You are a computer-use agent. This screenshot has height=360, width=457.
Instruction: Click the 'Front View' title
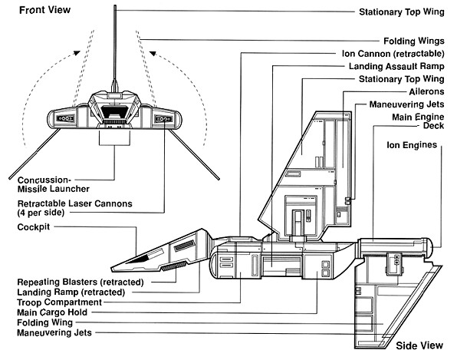tap(45, 10)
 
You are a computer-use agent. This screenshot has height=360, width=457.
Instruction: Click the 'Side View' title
tap(419, 345)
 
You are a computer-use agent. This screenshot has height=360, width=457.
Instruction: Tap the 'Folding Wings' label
tap(414, 41)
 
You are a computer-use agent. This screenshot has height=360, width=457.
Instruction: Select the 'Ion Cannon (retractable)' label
tap(393, 54)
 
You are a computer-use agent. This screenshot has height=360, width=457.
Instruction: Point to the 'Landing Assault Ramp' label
tap(396, 67)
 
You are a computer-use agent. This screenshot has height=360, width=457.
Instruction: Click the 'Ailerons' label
tap(426, 92)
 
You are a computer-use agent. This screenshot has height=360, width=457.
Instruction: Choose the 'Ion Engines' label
tap(412, 145)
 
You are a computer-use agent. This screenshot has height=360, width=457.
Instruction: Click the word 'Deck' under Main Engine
tap(434, 126)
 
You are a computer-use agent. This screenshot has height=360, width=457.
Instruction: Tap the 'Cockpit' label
tap(34, 227)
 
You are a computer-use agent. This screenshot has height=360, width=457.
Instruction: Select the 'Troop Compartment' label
tap(60, 302)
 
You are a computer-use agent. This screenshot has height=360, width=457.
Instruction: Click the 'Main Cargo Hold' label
tap(52, 312)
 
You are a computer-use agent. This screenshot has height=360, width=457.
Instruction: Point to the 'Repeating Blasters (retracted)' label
tap(81, 282)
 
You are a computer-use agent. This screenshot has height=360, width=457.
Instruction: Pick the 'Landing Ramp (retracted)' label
tap(71, 292)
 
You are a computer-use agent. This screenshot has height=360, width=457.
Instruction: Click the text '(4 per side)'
tap(41, 213)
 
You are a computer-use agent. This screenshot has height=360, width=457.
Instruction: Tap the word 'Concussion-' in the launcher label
tap(44, 180)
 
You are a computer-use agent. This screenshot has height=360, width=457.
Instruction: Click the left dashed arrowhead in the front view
tap(77, 53)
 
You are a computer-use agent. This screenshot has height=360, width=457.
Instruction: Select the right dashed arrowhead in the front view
tap(153, 54)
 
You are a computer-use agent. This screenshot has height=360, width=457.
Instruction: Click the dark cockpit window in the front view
tap(114, 112)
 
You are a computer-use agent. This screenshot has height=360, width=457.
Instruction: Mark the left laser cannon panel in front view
tap(65, 118)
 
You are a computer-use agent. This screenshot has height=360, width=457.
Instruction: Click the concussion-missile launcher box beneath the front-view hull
tap(114, 137)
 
